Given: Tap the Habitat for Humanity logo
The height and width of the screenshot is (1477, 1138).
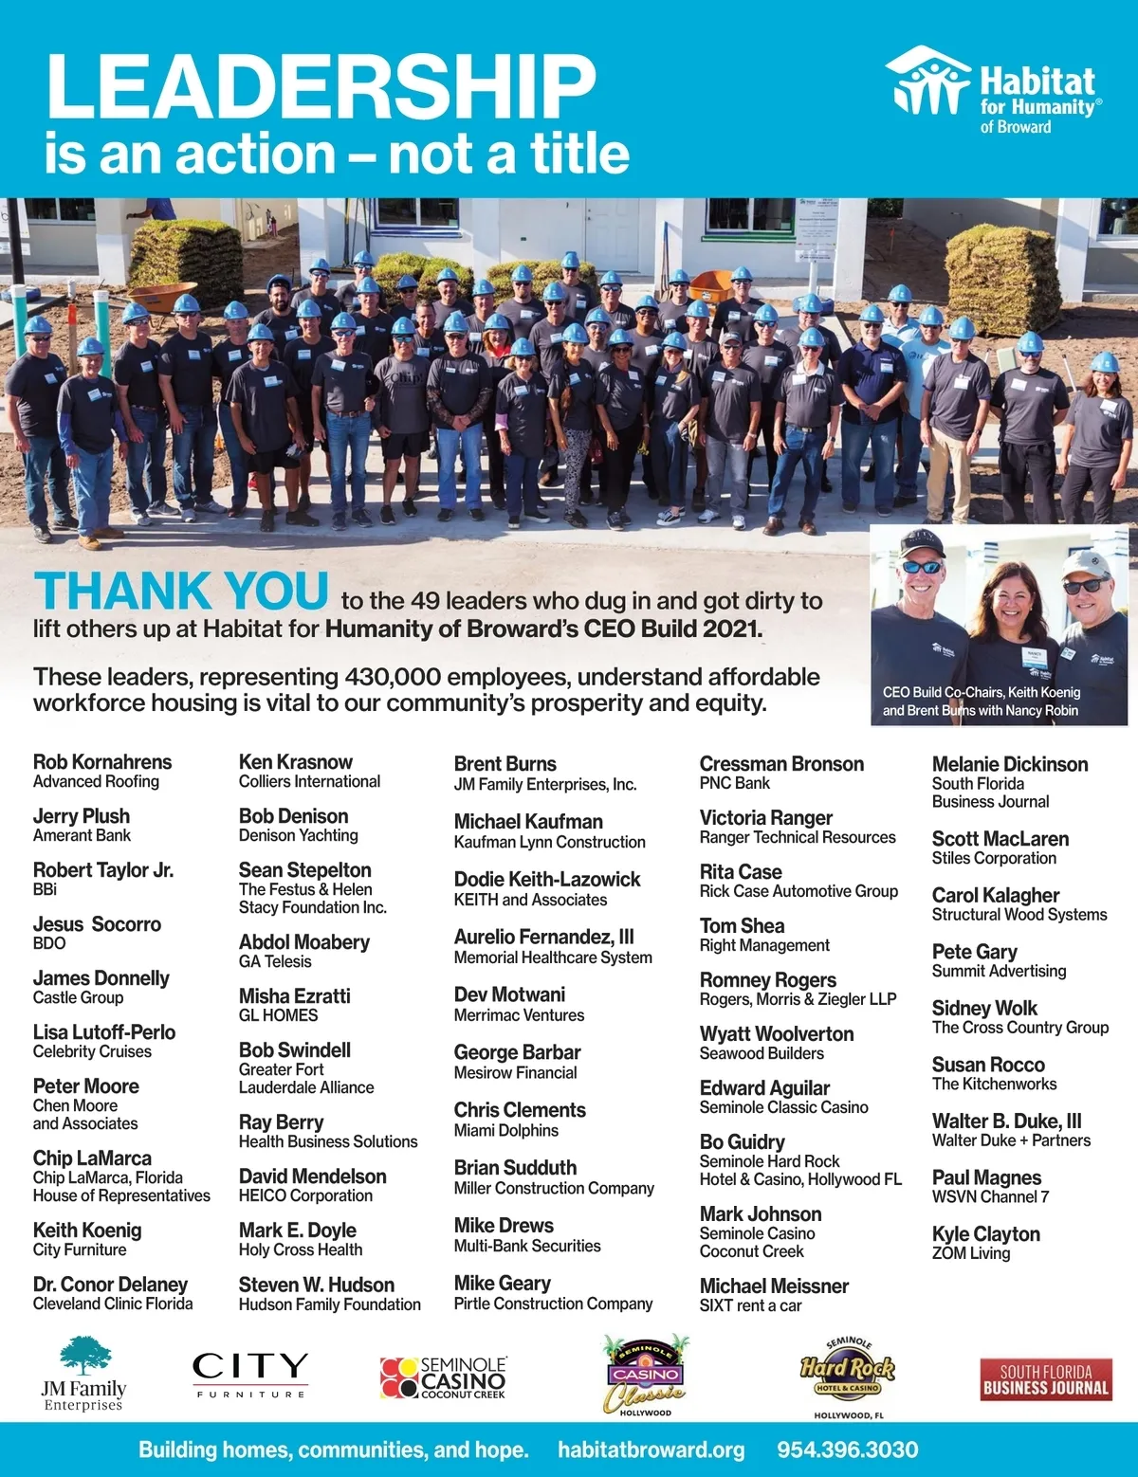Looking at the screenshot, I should [x=994, y=90].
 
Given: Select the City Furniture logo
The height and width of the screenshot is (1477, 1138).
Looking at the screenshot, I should [x=250, y=1375].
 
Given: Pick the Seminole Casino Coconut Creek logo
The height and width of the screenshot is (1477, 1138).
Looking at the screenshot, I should [x=444, y=1377].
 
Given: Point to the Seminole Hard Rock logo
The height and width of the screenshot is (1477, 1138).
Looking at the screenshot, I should [x=848, y=1377].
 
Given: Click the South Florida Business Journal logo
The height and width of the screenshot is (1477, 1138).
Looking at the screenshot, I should [x=1046, y=1379].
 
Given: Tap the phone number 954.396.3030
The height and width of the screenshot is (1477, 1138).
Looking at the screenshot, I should [x=848, y=1450].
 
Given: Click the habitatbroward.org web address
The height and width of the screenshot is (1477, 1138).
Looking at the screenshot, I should [x=651, y=1450].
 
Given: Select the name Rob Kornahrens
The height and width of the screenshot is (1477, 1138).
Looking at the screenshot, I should [x=102, y=762].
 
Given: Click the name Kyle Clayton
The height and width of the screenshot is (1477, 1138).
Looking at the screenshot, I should [x=986, y=1234].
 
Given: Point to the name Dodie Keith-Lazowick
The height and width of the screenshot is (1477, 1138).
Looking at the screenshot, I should [x=547, y=880].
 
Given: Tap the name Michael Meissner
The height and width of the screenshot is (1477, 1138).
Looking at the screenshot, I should [x=774, y=1286].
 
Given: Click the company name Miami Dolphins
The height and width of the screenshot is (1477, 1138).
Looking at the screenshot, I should [x=506, y=1131].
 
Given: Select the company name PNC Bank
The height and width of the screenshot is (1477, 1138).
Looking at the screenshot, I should [x=735, y=783].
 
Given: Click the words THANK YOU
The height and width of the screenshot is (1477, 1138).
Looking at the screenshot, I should [x=181, y=592].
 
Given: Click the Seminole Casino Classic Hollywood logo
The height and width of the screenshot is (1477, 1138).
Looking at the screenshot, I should [x=646, y=1377].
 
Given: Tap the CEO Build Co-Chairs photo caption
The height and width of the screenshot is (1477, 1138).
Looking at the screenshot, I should [x=982, y=702].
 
